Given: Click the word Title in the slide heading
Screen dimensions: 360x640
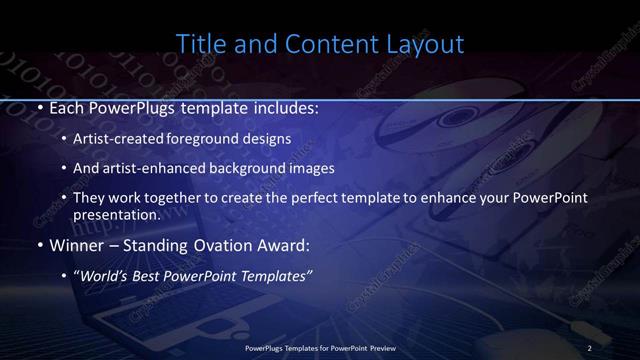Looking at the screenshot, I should click(199, 44).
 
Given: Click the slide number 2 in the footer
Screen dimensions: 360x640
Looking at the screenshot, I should click(589, 347).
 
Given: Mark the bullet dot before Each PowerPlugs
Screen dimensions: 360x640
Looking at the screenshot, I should click(39, 107).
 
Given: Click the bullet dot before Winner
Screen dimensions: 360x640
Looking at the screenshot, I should click(39, 244).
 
